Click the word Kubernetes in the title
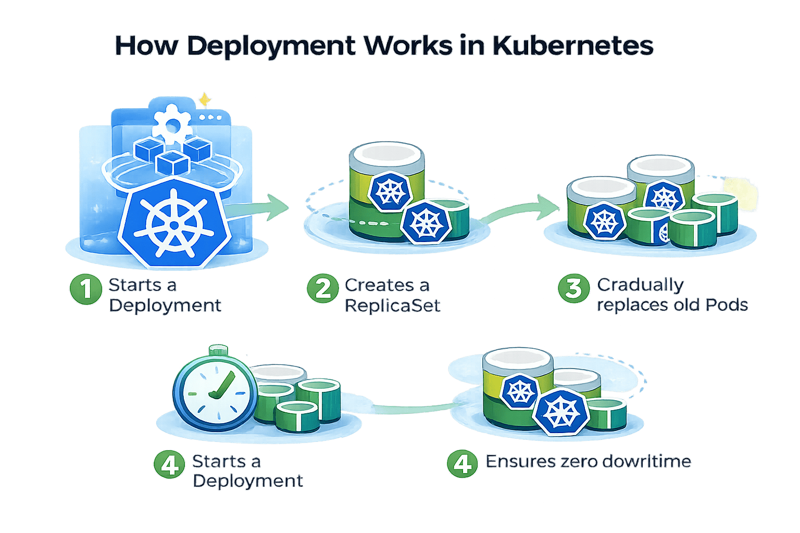572,46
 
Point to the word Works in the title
408,46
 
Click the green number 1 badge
85,289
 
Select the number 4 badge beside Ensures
462,463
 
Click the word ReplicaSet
393,305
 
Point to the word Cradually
640,285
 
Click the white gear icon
171,124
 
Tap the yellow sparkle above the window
205,99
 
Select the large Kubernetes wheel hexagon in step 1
172,222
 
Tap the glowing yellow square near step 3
740,195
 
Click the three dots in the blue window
210,118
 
